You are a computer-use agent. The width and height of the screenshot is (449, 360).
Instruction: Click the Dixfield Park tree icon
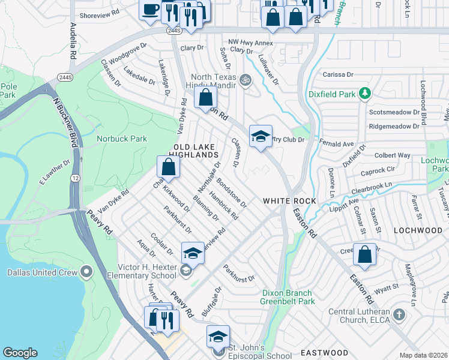click(x=364, y=94)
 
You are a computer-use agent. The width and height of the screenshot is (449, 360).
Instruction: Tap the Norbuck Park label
click(x=122, y=139)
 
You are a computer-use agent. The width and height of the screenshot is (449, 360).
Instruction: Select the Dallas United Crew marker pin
click(x=86, y=272)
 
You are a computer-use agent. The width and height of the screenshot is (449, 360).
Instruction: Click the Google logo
click(x=20, y=352)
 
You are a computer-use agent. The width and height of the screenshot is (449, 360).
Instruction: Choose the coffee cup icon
click(x=149, y=10)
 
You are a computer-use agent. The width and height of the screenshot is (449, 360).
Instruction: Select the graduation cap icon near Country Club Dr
click(x=261, y=137)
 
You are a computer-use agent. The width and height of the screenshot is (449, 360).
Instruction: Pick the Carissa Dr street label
click(x=338, y=74)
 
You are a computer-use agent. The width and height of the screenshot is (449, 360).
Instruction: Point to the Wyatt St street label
click(x=387, y=287)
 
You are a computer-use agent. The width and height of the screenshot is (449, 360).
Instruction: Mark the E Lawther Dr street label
click(x=55, y=171)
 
